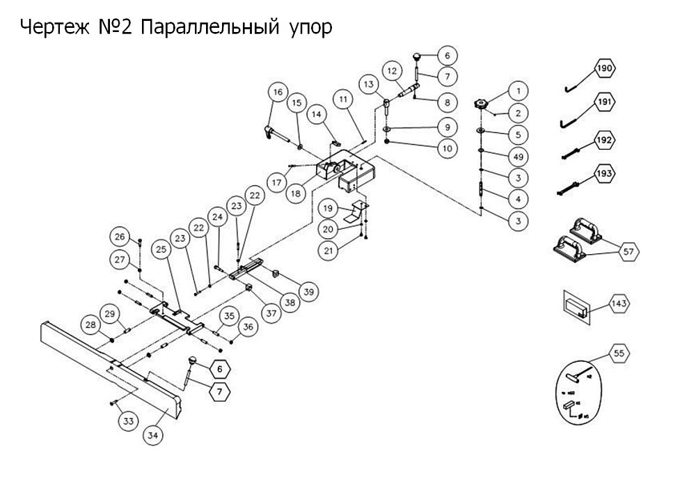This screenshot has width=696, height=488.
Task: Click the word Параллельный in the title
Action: [x=209, y=28]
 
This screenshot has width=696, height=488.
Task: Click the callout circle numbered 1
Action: [x=517, y=90]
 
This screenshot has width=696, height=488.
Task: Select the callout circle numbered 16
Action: [x=278, y=92]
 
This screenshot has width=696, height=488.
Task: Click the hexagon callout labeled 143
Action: [x=619, y=304]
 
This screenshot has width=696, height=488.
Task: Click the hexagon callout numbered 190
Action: [x=605, y=69]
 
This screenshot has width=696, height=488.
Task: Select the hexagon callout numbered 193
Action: [x=605, y=172]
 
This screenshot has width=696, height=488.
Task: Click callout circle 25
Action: [x=164, y=249]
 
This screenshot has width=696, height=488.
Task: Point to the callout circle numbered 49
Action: [x=517, y=155]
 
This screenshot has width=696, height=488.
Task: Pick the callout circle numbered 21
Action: [x=328, y=249]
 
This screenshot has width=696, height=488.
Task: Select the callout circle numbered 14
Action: [x=317, y=113]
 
